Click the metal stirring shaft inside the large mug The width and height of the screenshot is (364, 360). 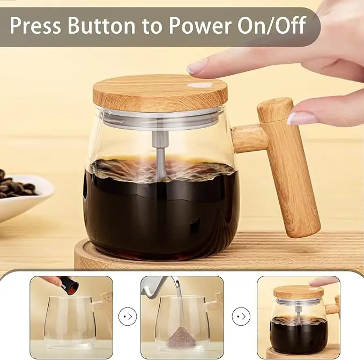point(160,153)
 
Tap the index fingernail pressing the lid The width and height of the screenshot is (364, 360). point(196,67)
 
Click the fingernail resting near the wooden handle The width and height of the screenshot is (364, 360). point(302,118)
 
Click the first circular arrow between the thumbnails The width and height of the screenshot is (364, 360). point(128,316)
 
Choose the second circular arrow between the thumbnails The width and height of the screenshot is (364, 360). point(241,316)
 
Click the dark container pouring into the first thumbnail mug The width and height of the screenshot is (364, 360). point(69,285)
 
